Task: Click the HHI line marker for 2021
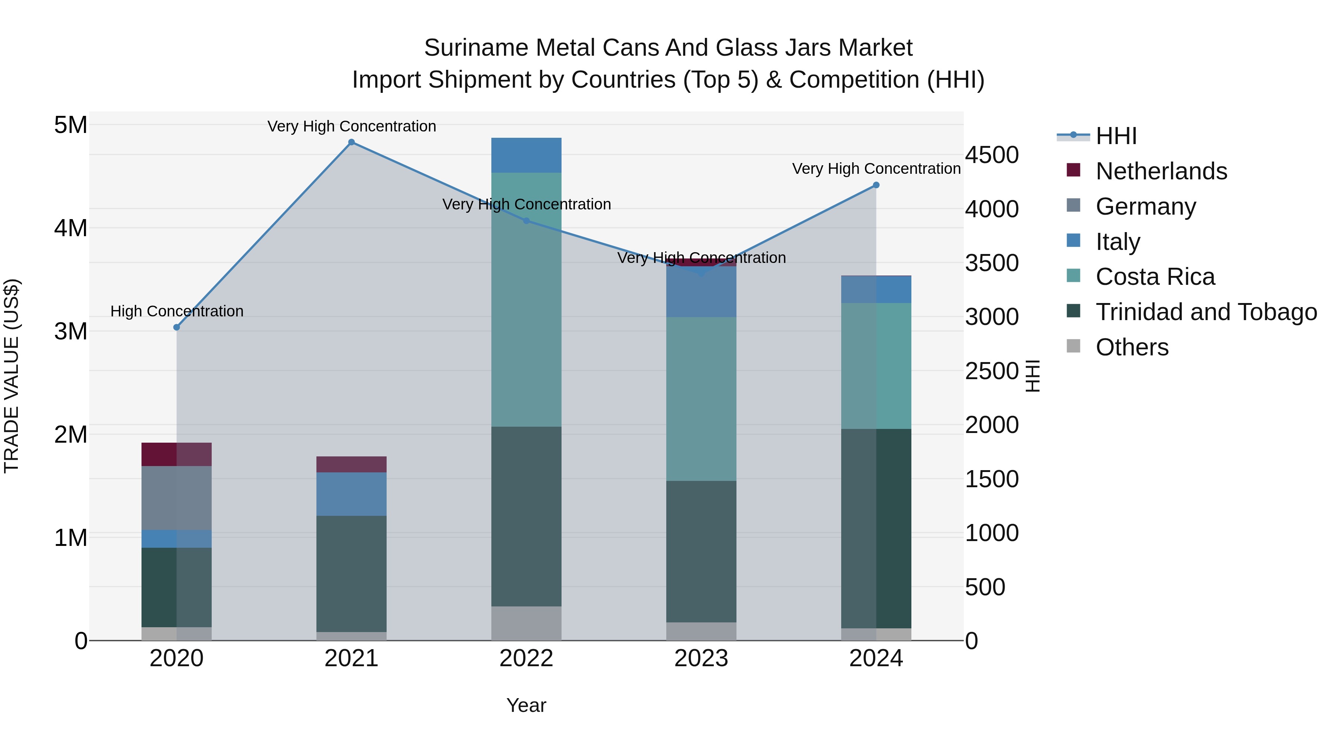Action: (x=351, y=142)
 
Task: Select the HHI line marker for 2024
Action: (x=876, y=185)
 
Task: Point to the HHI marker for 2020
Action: (x=176, y=328)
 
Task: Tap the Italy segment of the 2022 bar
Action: (x=526, y=155)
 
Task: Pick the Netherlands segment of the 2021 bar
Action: (x=351, y=465)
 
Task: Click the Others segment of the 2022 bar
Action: (x=526, y=623)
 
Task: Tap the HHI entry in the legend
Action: (x=1116, y=136)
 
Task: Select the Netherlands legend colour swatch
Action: (x=1073, y=170)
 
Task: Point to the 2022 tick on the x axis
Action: (x=526, y=658)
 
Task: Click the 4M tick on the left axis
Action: (x=71, y=228)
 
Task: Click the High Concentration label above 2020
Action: (x=176, y=312)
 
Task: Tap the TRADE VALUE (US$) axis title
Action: (x=12, y=376)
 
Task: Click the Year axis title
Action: (x=526, y=705)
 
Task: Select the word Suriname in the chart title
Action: (x=476, y=48)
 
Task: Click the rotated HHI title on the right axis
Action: (x=1033, y=376)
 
